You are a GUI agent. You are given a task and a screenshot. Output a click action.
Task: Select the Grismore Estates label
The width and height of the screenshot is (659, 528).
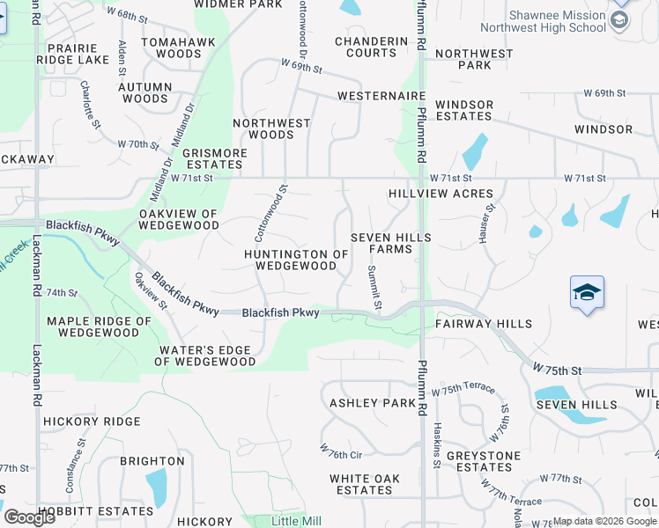215,158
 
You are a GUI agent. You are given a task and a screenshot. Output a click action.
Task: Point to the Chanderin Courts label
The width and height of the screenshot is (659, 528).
372,47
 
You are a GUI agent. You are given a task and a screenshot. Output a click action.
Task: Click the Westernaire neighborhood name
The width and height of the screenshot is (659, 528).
381,96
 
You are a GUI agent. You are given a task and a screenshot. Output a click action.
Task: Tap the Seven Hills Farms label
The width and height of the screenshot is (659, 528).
391,243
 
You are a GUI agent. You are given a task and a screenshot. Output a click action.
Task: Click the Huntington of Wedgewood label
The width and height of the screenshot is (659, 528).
297,260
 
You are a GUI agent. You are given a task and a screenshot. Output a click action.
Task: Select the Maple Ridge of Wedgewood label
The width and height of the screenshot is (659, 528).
93,326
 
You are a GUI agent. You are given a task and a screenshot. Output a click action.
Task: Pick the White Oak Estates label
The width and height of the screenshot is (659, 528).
365,484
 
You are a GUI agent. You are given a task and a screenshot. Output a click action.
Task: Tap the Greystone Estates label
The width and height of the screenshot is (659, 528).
484,461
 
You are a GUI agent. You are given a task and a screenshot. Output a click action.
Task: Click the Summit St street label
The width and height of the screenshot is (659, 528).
374,288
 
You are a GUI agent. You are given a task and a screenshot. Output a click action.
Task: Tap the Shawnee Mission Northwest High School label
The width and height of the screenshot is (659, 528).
557,21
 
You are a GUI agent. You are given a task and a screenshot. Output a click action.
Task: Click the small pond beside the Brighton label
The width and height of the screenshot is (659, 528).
157,487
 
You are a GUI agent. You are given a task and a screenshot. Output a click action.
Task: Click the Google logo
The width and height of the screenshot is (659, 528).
30,517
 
